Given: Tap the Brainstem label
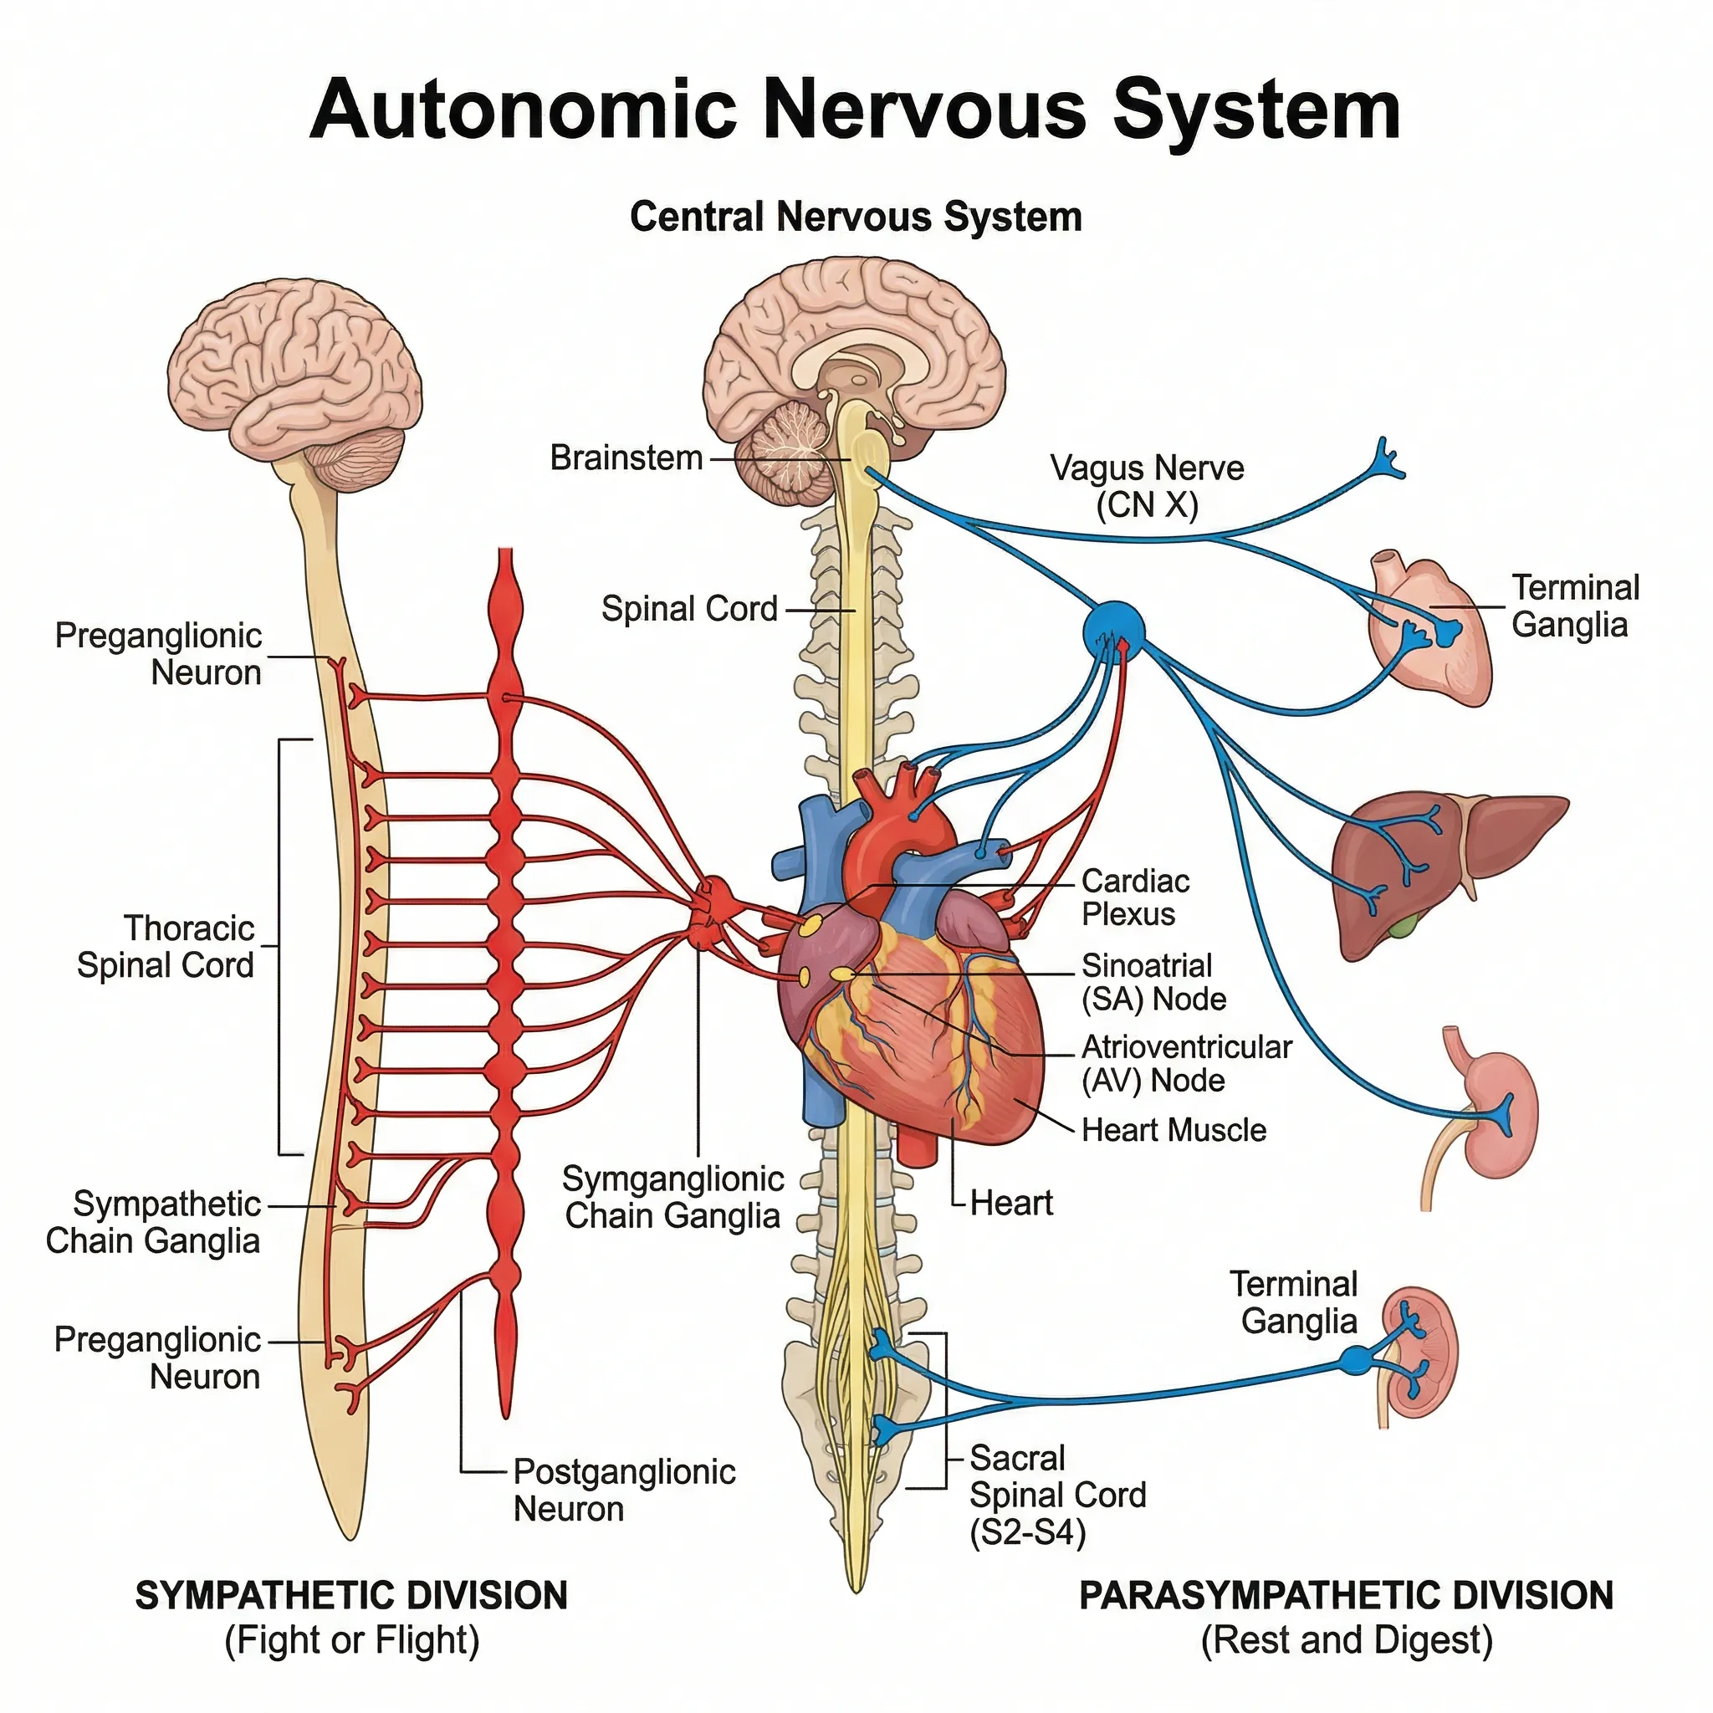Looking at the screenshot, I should [626, 458].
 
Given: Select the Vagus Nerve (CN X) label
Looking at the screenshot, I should [1147, 486].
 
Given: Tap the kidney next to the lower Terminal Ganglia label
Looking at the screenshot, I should [1419, 1353].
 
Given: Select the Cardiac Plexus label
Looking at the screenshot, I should [1135, 897].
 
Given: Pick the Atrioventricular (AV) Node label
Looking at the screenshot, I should [1185, 1064].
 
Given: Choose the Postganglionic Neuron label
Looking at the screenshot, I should [623, 1490].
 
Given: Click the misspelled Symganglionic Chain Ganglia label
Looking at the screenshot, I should [672, 1197].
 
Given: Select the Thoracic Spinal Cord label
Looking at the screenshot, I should [166, 947].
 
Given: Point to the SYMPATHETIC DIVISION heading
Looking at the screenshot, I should [351, 1596].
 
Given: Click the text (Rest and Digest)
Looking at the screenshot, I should [1346, 1640].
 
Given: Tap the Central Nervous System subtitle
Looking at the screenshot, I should [856, 217].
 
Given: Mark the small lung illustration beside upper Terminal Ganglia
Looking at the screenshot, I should [1428, 625].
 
